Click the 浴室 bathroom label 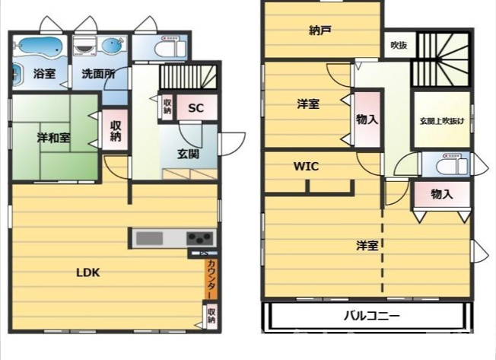[x=44, y=74]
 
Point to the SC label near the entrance [x=196, y=108]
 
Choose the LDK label [x=89, y=272]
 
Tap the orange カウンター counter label [x=211, y=279]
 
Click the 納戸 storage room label [x=320, y=31]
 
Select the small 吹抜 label [x=399, y=46]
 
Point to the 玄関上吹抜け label [x=441, y=120]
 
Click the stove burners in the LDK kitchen [x=199, y=237]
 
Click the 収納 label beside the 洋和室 [x=116, y=131]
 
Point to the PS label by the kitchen [x=204, y=253]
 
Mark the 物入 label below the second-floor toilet [x=441, y=194]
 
